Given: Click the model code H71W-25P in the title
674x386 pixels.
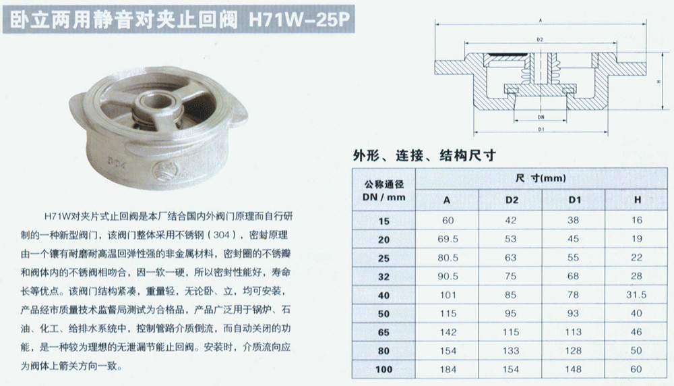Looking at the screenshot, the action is (299, 20).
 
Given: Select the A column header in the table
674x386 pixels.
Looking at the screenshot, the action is (447, 200).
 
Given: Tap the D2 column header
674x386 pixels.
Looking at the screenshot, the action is (512, 200).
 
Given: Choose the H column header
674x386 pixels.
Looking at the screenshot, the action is (638, 200).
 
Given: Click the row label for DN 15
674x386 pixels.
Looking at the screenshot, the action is (384, 221).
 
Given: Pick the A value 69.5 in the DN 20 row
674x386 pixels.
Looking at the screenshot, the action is (448, 239).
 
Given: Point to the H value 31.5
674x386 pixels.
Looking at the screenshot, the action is (636, 295).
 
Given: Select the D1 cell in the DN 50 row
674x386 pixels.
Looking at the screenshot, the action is (573, 313).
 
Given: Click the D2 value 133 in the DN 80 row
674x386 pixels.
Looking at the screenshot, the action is (511, 351).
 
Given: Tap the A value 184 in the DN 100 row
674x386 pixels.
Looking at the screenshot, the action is (448, 369).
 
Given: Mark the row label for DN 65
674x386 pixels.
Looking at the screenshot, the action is (384, 332).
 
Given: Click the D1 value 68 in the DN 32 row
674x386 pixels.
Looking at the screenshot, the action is (573, 276).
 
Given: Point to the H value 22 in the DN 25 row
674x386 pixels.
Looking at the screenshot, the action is (636, 257).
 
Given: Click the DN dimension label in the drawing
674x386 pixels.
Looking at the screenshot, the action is (541, 117).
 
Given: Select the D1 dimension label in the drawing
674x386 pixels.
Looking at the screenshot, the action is (541, 129).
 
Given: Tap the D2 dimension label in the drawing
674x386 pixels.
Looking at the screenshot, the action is (540, 40).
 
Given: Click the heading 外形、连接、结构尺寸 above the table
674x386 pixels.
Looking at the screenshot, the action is (424, 155).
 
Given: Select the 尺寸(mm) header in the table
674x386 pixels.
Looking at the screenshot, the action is (541, 178).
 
